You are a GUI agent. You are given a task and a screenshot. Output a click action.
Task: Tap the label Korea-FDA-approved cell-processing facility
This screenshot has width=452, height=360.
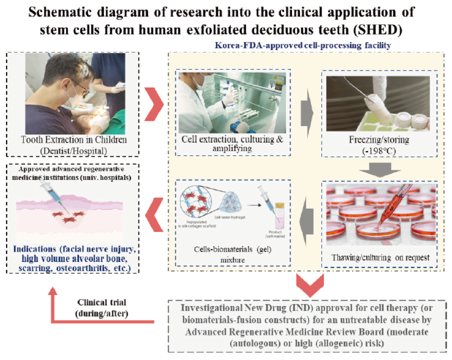[302, 45]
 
